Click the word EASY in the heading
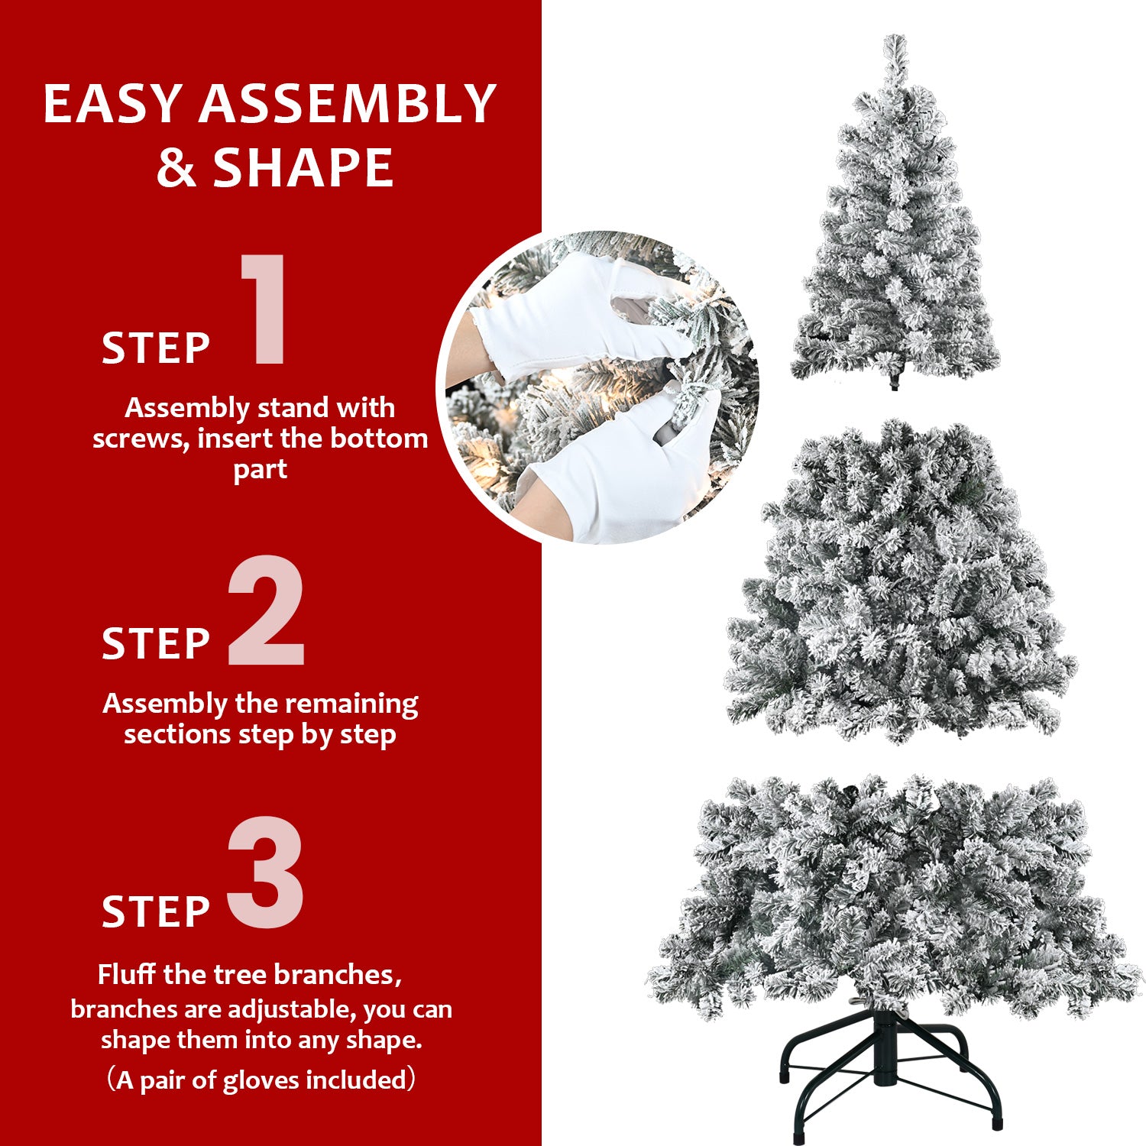point(112,104)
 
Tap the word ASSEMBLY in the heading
point(348,104)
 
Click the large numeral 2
point(266,611)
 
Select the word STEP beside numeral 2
point(156,644)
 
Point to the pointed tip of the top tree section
point(895,42)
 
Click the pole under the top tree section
point(895,381)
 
